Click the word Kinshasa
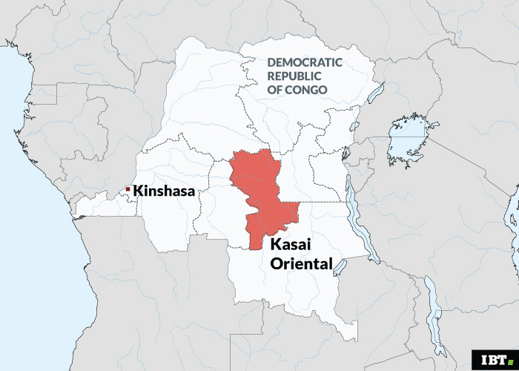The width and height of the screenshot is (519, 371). pyautogui.click(x=164, y=191)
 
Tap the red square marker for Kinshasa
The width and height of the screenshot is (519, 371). pyautogui.click(x=128, y=190)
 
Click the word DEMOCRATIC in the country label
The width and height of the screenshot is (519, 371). pyautogui.click(x=304, y=63)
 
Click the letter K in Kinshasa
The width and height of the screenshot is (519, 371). pyautogui.click(x=139, y=191)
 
